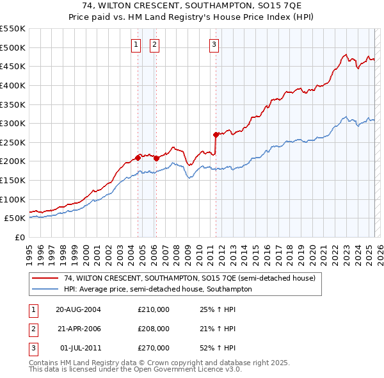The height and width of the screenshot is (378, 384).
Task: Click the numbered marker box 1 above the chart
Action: point(137,45)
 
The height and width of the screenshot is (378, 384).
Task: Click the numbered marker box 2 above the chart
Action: point(155,45)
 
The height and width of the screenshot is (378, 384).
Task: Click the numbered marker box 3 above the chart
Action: point(214,45)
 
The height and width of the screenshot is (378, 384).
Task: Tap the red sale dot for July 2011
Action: point(216,135)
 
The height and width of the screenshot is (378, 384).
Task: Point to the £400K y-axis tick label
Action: point(12,85)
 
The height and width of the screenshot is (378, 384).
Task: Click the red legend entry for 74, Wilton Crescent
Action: point(189,279)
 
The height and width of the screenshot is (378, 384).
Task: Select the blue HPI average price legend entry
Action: point(158,290)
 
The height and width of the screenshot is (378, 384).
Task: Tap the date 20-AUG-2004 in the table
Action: point(78,309)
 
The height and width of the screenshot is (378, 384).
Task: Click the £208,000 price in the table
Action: point(154,329)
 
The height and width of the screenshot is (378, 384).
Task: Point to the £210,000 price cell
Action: point(154,309)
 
